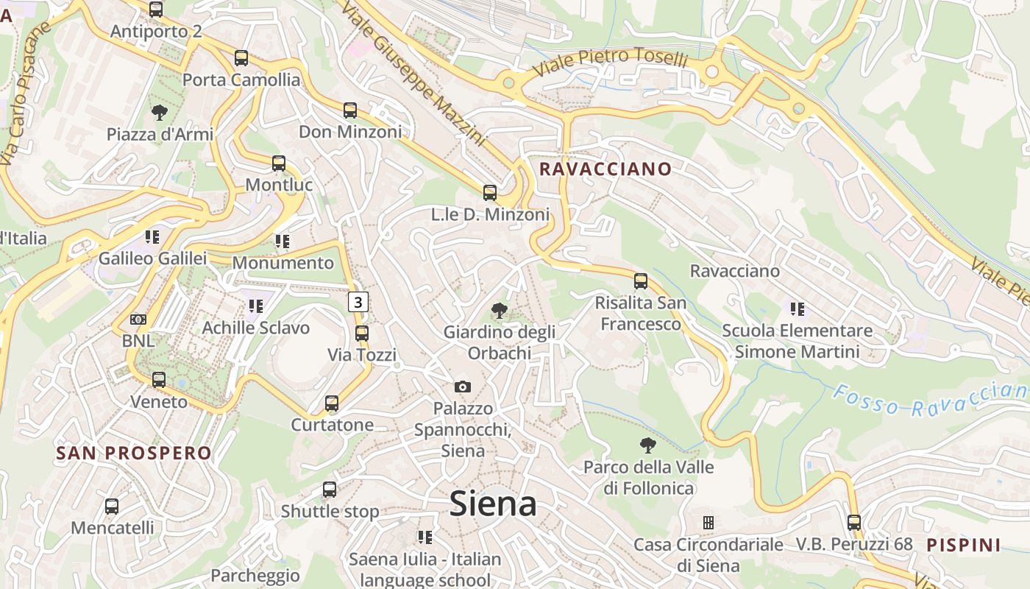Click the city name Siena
point(492,504)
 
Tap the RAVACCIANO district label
point(605,169)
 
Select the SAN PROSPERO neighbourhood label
point(134,453)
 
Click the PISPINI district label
point(964,546)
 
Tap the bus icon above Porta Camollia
point(241,58)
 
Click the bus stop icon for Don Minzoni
point(350,110)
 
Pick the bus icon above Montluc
point(279,163)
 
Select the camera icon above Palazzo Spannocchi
point(463,387)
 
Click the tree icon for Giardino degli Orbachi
point(500,311)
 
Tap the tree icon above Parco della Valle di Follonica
point(648,445)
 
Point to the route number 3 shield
point(358,301)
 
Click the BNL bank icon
point(138,320)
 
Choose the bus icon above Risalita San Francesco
point(641,281)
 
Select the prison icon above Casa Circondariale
point(708,523)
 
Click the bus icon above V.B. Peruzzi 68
point(854,523)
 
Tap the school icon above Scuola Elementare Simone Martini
point(798,309)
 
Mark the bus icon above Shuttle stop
point(330,490)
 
